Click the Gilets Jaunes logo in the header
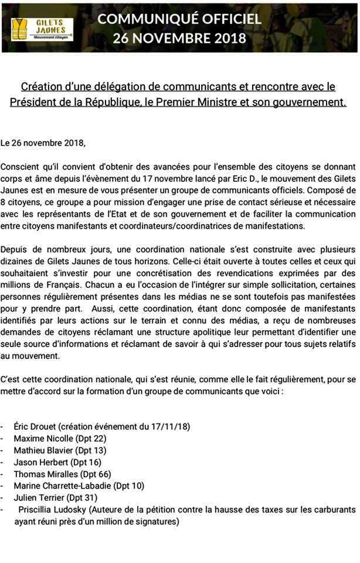point(42,28)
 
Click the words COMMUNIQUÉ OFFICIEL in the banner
point(179,19)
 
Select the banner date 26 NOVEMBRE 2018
point(179,38)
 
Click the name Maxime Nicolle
point(42,439)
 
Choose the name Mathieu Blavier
point(42,450)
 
